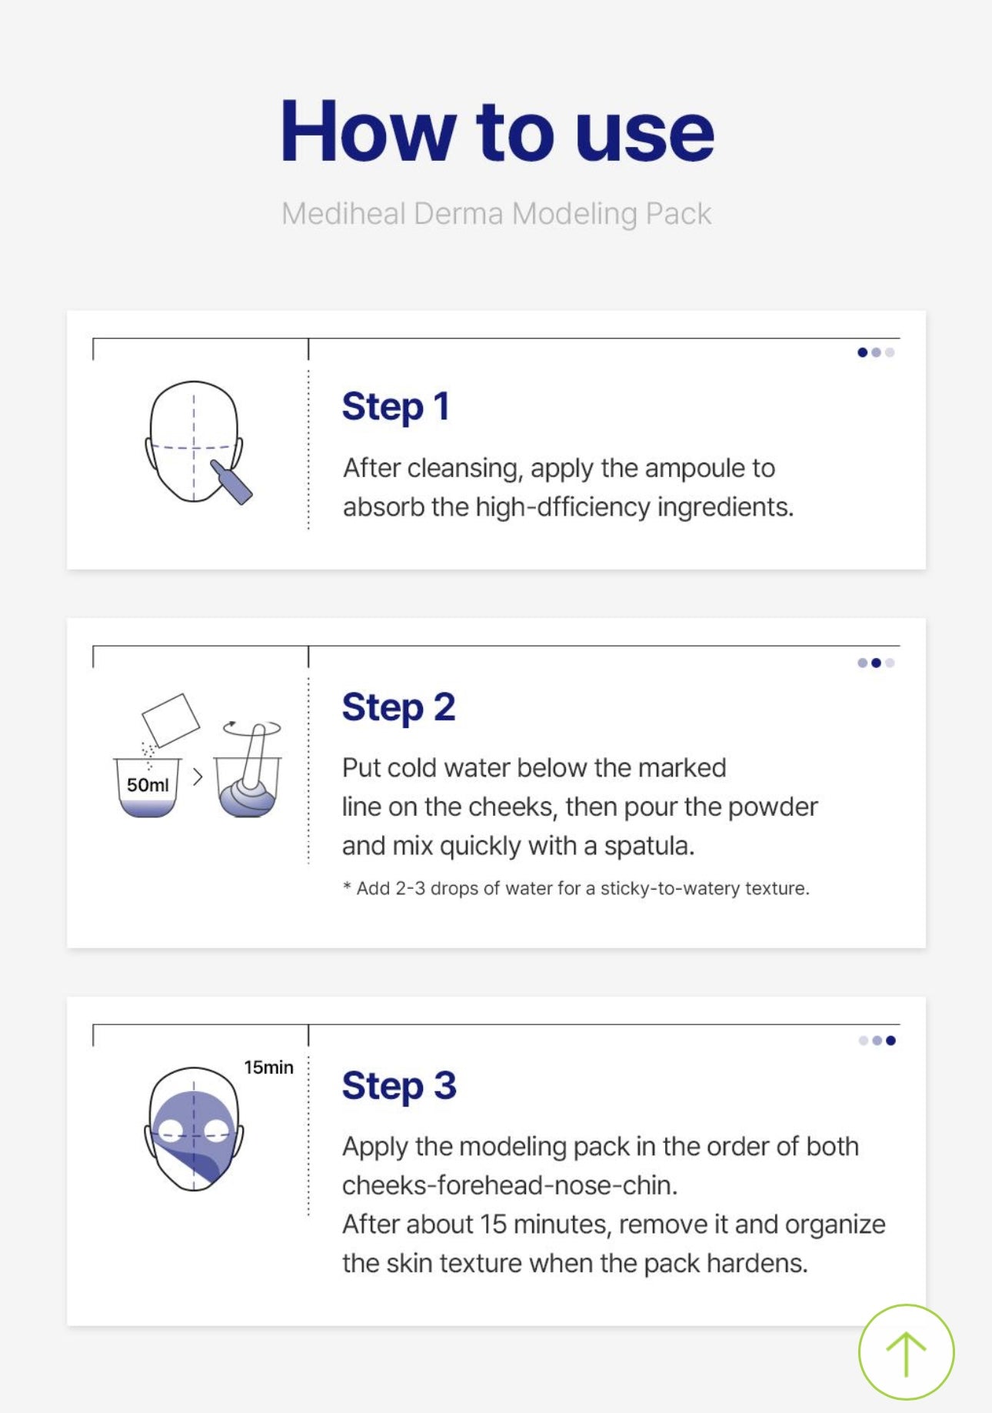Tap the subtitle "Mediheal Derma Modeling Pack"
click(x=496, y=213)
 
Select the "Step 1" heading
click(x=395, y=406)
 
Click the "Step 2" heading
click(x=398, y=706)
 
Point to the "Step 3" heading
click(x=399, y=1085)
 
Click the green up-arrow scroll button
click(x=906, y=1351)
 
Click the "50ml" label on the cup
click(x=148, y=785)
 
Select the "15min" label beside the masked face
click(x=268, y=1067)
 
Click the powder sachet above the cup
click(x=171, y=720)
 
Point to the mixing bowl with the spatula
click(x=248, y=777)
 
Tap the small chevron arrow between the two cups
click(x=198, y=777)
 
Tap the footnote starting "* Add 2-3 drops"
click(x=576, y=888)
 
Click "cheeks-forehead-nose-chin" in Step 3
click(x=510, y=1185)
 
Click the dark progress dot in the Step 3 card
click(x=890, y=1041)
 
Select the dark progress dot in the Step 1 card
click(x=862, y=352)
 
